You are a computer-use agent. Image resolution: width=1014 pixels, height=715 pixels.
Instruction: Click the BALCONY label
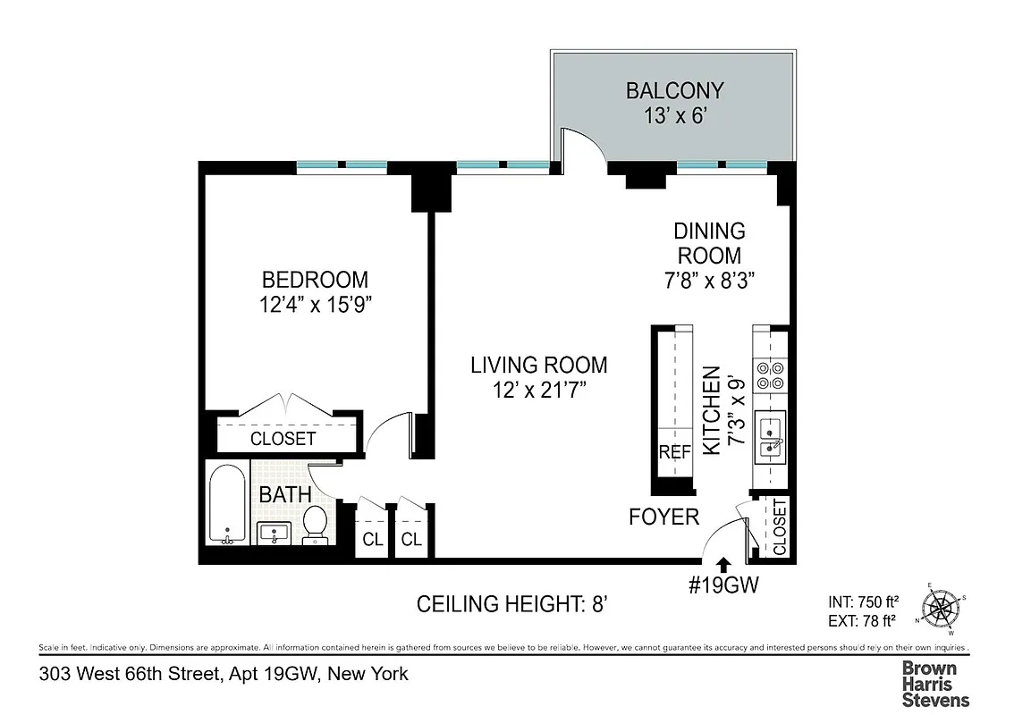coord(674,90)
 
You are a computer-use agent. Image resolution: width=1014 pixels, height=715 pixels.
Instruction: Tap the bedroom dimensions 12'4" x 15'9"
coord(316,305)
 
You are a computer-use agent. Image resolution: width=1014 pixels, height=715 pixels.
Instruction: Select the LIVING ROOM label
coord(539,365)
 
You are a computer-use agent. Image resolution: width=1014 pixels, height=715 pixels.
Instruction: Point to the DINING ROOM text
coord(708,243)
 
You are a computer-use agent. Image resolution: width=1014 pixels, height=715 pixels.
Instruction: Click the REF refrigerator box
coord(675,452)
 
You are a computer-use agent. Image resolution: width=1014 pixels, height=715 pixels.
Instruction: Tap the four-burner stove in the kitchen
coord(769,375)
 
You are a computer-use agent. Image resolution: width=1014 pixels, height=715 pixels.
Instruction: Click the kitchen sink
coord(769,437)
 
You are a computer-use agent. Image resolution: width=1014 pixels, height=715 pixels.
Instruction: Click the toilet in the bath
coord(315,524)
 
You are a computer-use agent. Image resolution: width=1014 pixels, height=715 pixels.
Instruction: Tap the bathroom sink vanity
coord(273,534)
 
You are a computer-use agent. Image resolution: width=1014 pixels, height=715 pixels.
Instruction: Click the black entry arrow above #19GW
coord(724,563)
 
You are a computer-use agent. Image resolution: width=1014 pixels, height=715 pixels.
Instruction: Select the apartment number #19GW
coord(723,585)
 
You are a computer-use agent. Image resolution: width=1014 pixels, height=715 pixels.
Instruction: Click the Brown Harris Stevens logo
coord(934,684)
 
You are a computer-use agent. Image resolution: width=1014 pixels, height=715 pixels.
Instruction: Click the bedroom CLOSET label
coord(283,439)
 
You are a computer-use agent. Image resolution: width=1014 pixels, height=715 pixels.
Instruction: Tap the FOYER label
coord(663,517)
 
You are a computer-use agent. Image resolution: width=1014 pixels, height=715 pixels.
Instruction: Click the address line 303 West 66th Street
coord(224,674)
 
